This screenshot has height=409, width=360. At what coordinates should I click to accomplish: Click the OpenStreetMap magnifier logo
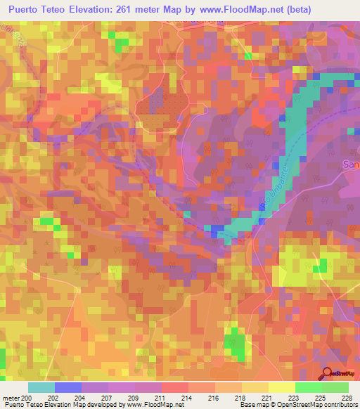click(x=328, y=374)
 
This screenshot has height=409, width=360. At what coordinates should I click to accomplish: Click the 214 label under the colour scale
click(x=188, y=398)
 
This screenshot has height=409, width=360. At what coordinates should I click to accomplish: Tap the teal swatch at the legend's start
click(x=41, y=387)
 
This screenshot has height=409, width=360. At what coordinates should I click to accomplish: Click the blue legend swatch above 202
click(x=67, y=387)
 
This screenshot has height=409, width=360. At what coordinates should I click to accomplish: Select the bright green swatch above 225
click(x=308, y=387)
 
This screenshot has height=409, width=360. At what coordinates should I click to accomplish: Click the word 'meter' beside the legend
click(x=11, y=398)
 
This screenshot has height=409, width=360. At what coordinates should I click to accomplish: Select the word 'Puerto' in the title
click(x=27, y=9)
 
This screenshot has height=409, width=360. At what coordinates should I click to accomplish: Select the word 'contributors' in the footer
click(x=341, y=405)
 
